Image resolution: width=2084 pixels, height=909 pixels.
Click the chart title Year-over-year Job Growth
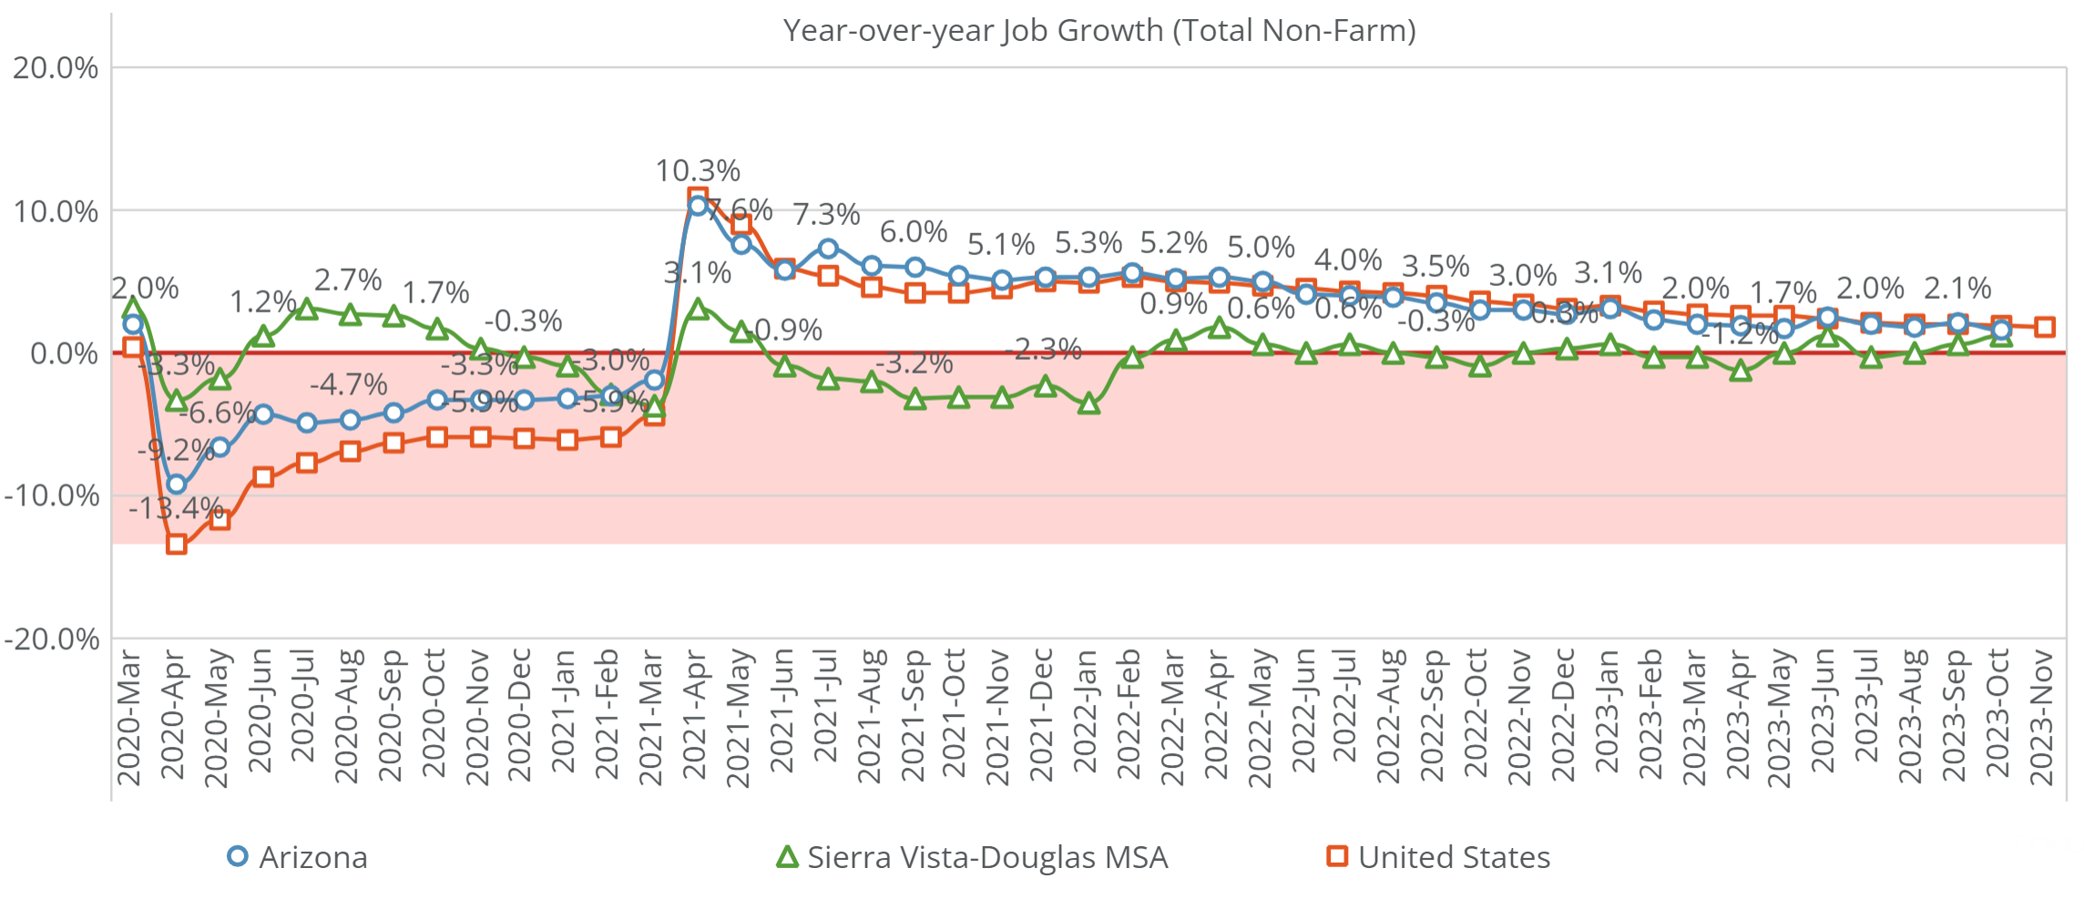(1098, 31)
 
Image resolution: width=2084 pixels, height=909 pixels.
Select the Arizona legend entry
(298, 857)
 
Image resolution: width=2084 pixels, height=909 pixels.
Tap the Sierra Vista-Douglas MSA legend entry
(972, 857)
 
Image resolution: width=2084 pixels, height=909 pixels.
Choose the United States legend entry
(1439, 857)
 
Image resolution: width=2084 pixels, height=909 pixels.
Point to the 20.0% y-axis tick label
(56, 68)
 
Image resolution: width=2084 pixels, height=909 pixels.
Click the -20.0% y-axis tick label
(52, 639)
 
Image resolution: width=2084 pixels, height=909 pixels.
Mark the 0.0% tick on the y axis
(64, 353)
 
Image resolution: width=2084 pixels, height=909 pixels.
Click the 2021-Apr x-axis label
(695, 714)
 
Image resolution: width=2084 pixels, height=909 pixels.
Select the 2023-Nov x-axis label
(2042, 716)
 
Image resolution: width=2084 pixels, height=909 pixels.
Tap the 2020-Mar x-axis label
(129, 716)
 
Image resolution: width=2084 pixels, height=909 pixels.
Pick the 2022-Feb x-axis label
(1129, 714)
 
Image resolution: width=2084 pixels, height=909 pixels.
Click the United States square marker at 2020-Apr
(177, 545)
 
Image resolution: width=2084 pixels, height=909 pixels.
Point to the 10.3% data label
(698, 171)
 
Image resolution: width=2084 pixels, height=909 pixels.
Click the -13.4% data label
(176, 508)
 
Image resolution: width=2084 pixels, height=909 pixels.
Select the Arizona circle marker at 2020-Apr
(177, 485)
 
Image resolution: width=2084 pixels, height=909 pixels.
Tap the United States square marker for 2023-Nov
(2045, 327)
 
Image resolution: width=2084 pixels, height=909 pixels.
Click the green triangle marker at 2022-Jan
(1088, 403)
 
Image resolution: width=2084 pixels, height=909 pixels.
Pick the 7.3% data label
(826, 215)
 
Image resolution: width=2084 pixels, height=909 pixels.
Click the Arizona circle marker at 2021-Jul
(828, 249)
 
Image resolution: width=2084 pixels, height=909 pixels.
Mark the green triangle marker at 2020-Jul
(307, 310)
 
